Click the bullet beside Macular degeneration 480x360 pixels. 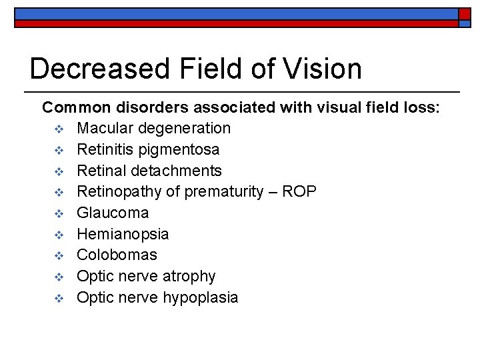(58, 127)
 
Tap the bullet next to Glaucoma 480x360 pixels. (58, 213)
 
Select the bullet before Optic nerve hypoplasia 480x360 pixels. (58, 298)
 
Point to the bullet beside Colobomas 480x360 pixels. (58, 255)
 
